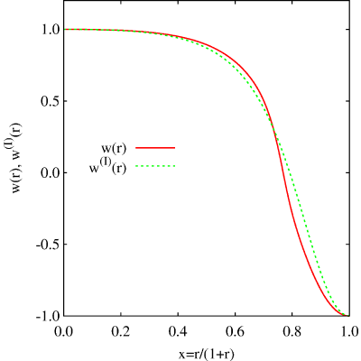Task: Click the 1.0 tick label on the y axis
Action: pos(50,30)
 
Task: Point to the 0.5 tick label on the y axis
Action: pos(50,101)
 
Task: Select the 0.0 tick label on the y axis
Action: pos(50,172)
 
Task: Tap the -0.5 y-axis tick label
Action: pos(47,245)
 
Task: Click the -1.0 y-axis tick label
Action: pos(47,316)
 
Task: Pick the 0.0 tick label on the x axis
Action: pos(64,332)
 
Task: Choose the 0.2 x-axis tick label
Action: pos(121,332)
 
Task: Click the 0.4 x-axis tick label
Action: pos(178,332)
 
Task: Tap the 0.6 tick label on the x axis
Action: pos(235,332)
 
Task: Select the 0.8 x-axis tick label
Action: pos(292,332)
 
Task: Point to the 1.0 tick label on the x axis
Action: pos(349,332)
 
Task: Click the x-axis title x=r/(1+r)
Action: pos(207,354)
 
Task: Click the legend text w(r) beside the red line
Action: pos(114,148)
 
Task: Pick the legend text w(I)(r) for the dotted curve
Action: pos(107,167)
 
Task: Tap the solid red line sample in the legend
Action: pos(155,148)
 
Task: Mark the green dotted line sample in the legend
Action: pos(155,165)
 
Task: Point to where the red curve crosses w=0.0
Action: pos(283,172)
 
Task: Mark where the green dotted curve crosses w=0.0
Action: pos(290,172)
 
